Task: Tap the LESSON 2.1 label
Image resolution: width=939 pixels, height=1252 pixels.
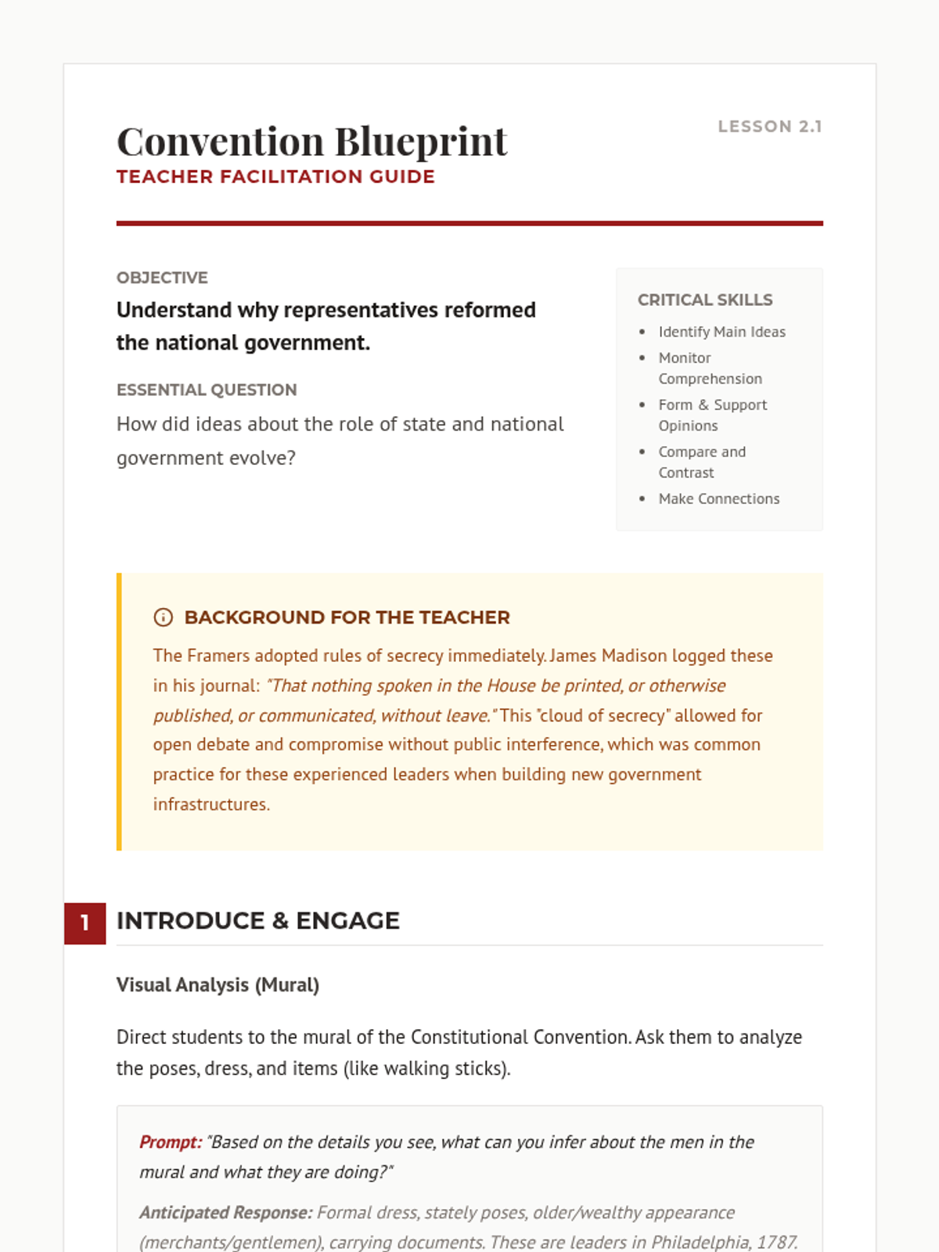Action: (770, 127)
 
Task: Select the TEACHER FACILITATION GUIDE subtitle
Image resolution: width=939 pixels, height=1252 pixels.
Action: (275, 177)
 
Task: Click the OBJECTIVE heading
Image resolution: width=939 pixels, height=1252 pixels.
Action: (162, 278)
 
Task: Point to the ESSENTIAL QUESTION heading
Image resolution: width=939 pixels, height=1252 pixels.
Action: (207, 390)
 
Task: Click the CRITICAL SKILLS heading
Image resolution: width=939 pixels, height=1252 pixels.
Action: (705, 300)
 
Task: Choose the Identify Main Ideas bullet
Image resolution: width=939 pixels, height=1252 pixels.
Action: (721, 332)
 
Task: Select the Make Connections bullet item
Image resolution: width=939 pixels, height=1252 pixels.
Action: (718, 498)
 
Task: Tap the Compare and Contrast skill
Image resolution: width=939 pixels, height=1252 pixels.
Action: (701, 462)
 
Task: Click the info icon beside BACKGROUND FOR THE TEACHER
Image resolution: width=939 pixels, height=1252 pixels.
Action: (163, 617)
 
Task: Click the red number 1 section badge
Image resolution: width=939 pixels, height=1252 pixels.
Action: (85, 923)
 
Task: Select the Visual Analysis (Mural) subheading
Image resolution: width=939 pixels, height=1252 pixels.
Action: (218, 984)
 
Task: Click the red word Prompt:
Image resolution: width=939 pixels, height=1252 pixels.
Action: (171, 1142)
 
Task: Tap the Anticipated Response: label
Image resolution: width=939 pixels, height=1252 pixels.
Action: (225, 1213)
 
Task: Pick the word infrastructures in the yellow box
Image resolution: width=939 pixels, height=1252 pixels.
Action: (211, 804)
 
